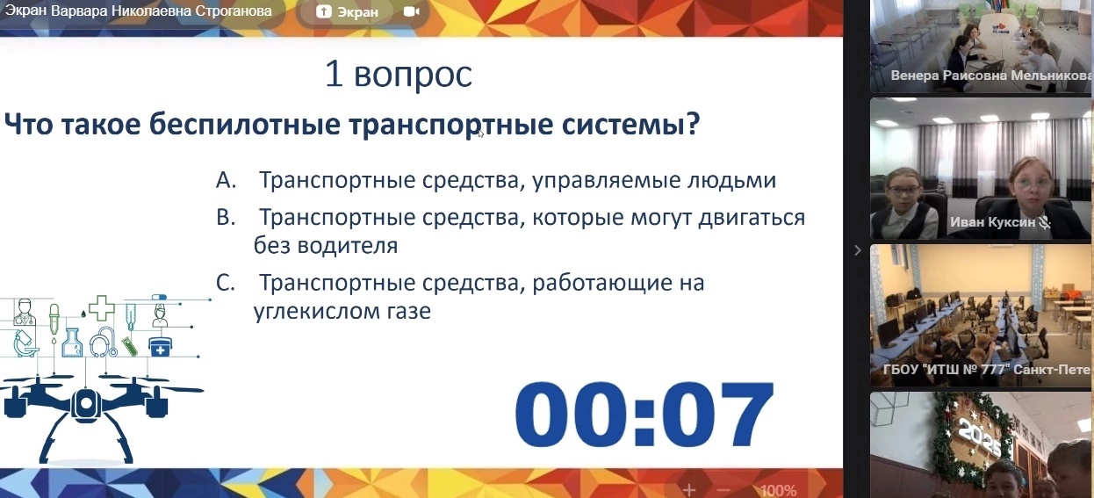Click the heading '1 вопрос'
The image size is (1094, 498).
coord(399,75)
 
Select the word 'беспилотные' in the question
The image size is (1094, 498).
coord(245,124)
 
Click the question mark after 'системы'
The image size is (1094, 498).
coord(693,124)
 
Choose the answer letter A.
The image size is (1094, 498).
coord(227,180)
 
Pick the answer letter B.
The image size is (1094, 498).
coord(226,217)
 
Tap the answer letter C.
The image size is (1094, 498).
coord(225,283)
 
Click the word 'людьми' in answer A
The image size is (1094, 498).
coord(731,180)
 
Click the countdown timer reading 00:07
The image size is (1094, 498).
coord(644,415)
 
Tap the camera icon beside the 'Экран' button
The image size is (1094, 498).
coord(411,11)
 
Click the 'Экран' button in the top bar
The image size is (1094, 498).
coord(348,11)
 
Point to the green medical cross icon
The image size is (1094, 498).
coord(102,308)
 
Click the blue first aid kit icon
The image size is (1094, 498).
coord(160,347)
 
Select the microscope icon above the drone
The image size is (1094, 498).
coord(25,344)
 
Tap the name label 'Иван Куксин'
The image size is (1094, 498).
coord(992,222)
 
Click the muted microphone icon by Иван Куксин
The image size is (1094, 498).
coord(1045,222)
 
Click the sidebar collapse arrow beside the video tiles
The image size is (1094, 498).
coord(858,250)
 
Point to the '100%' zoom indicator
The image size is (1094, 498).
coord(779,490)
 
